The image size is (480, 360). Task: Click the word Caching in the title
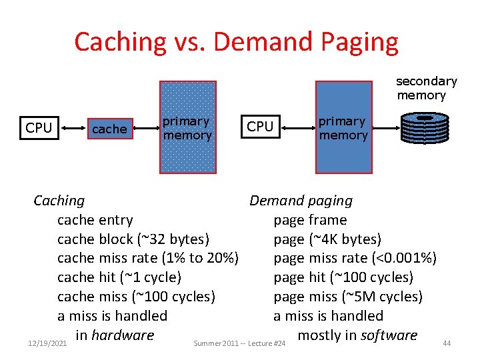pyautogui.click(x=120, y=41)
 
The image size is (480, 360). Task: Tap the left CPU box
pyautogui.click(x=39, y=128)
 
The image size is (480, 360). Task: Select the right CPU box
pyautogui.click(x=260, y=127)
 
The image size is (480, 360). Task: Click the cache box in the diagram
pyautogui.click(x=109, y=129)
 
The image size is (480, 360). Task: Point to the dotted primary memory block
pyautogui.click(x=188, y=128)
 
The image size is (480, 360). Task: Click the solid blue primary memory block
pyautogui.click(x=343, y=128)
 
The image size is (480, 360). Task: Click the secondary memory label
pyautogui.click(x=426, y=88)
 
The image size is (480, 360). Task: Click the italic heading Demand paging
pyautogui.click(x=301, y=201)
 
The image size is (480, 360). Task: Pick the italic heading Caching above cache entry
pyautogui.click(x=59, y=201)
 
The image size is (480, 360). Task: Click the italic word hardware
pyautogui.click(x=123, y=335)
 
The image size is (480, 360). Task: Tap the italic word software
pyautogui.click(x=389, y=335)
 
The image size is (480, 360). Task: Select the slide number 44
pyautogui.click(x=447, y=343)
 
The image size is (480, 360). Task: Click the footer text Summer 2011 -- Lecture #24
pyautogui.click(x=239, y=343)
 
